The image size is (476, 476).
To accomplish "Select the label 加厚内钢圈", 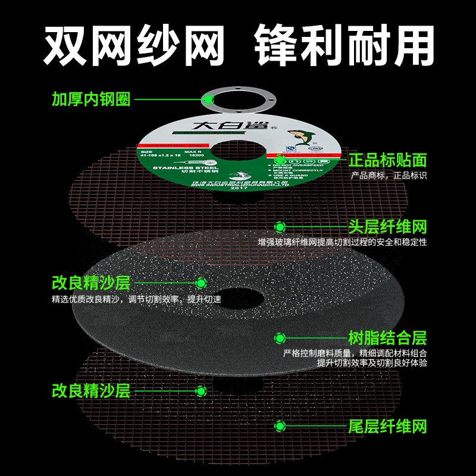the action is pyautogui.click(x=90, y=99).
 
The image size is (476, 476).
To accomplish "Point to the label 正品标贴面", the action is pyautogui.click(x=387, y=159).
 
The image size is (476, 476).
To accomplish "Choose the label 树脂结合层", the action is pyautogui.click(x=387, y=338).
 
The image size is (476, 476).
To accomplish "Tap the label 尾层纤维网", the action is pyautogui.click(x=387, y=426).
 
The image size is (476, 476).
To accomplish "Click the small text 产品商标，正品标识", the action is pyautogui.click(x=389, y=176).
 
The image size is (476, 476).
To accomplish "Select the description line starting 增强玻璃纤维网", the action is pyautogui.click(x=342, y=243).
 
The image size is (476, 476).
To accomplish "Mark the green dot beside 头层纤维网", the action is pyautogui.click(x=280, y=227).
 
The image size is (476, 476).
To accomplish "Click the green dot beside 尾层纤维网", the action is pyautogui.click(x=280, y=426).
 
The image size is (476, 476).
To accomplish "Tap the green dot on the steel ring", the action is pyautogui.click(x=208, y=99).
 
